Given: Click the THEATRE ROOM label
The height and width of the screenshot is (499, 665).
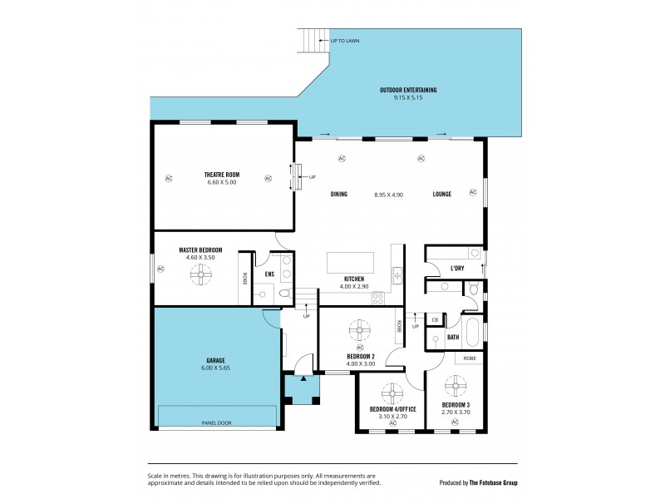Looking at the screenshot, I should click(221, 174).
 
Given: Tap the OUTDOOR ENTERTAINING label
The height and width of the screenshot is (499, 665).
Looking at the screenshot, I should click(408, 90).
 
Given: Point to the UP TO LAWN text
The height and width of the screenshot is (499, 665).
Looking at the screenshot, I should click(344, 41).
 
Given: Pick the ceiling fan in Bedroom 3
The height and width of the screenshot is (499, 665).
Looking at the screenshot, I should click(455, 387).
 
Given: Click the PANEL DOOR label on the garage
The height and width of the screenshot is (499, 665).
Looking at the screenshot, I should click(216, 423).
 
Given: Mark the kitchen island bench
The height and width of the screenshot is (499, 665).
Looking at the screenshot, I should click(351, 263).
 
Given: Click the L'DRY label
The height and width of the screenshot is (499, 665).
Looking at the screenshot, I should click(457, 269).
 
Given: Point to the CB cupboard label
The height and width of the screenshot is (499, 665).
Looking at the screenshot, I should click(434, 319).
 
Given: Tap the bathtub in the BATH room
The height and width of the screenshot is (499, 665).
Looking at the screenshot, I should click(474, 332).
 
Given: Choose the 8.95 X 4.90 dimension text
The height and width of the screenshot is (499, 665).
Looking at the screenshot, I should click(388, 194).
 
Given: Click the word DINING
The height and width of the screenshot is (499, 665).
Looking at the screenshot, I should click(338, 194).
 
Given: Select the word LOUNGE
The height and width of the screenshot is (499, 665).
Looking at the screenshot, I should click(441, 194).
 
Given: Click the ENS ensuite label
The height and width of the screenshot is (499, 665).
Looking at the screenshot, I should click(269, 274).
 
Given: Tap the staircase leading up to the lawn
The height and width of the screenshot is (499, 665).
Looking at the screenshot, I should click(313, 40).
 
